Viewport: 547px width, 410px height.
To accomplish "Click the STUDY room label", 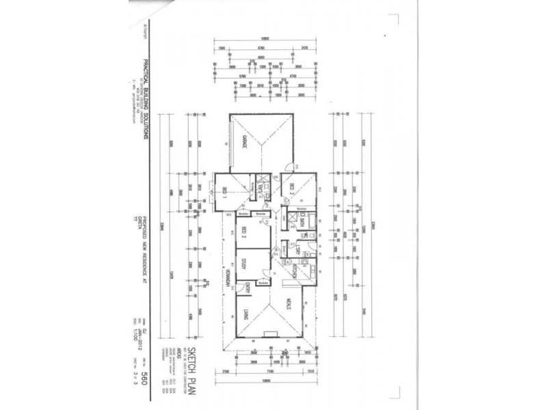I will (243, 266).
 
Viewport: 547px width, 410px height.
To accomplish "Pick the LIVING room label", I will (243, 314).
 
